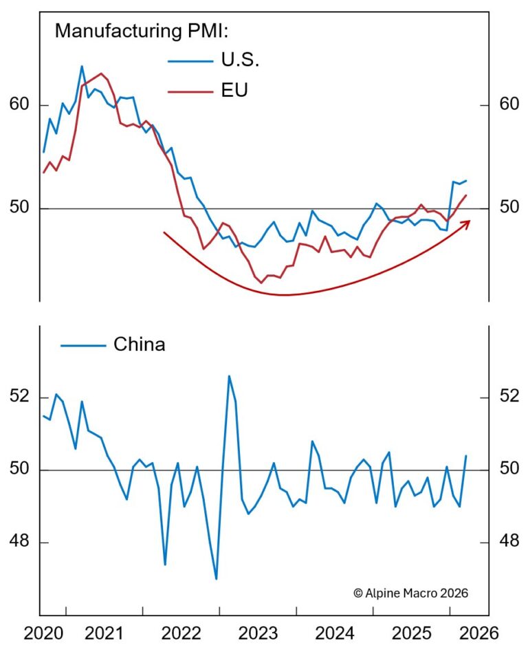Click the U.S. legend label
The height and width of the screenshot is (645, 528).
click(240, 61)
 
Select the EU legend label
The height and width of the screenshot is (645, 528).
click(234, 90)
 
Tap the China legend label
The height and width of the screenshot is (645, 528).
click(139, 344)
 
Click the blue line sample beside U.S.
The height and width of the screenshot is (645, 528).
click(190, 61)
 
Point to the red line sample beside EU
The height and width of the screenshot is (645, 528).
click(190, 91)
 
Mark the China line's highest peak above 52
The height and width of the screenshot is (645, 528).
click(229, 375)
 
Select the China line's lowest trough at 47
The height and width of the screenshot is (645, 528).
click(216, 579)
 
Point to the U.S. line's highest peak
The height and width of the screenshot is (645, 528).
click(82, 66)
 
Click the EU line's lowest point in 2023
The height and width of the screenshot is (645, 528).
click(261, 283)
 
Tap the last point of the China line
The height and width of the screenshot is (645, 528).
click(466, 456)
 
